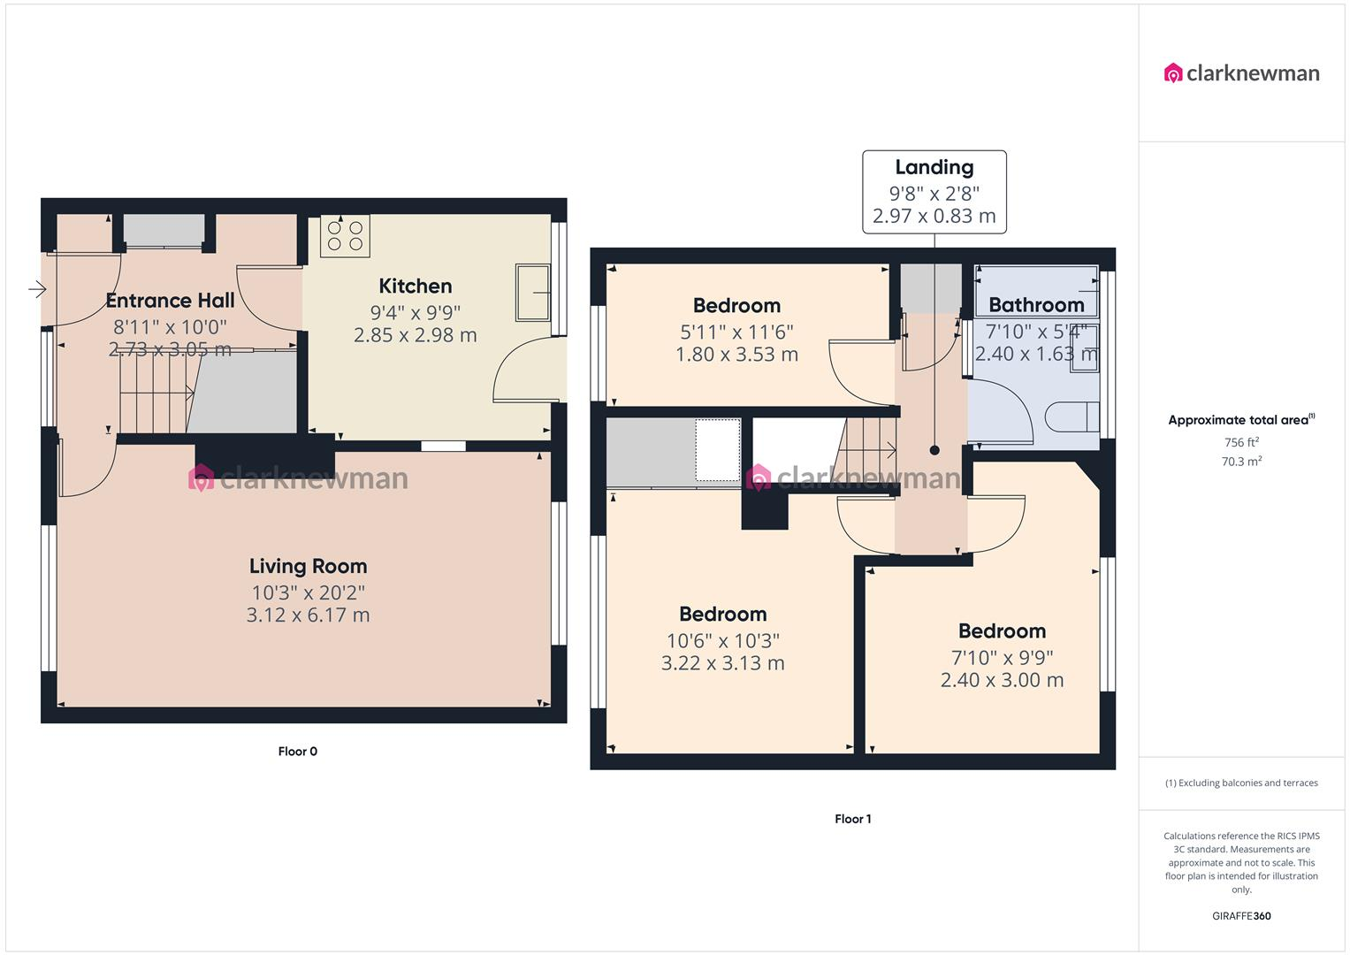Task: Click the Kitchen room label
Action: [415, 286]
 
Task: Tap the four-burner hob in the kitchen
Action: [345, 236]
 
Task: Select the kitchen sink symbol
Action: [534, 293]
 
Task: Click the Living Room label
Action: [308, 566]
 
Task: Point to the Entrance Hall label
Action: [170, 301]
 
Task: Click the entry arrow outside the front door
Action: [36, 289]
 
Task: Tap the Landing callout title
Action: [934, 167]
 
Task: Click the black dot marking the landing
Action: [934, 450]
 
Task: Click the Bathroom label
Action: [1035, 305]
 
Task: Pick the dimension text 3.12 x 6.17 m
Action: [308, 615]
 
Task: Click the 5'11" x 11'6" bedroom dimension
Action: [736, 332]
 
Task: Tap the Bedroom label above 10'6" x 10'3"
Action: [722, 614]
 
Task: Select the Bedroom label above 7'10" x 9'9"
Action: [1002, 630]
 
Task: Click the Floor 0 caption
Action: [297, 752]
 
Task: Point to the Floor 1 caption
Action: [852, 819]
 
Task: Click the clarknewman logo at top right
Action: [1241, 73]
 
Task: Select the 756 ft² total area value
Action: [1241, 442]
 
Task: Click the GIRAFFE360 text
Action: [1241, 916]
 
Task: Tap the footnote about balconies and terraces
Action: [1241, 783]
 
